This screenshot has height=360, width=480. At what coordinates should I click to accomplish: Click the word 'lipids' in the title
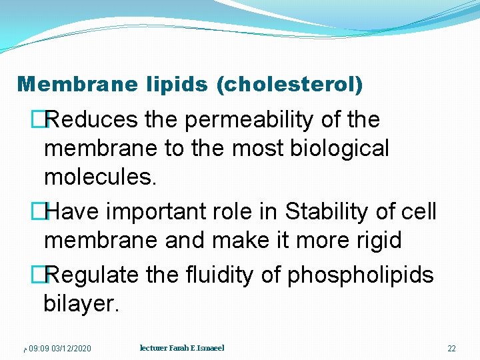(175, 84)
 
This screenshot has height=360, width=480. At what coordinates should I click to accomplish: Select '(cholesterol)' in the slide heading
(291, 85)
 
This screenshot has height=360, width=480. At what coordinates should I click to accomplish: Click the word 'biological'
(339, 148)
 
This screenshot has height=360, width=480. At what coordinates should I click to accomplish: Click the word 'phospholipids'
(360, 275)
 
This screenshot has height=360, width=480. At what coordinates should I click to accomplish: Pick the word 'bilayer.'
(81, 303)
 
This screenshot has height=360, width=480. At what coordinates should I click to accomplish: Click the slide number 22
(451, 349)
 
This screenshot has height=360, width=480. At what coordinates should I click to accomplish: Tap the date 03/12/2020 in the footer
(71, 349)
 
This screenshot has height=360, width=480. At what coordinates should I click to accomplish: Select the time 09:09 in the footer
(39, 349)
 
